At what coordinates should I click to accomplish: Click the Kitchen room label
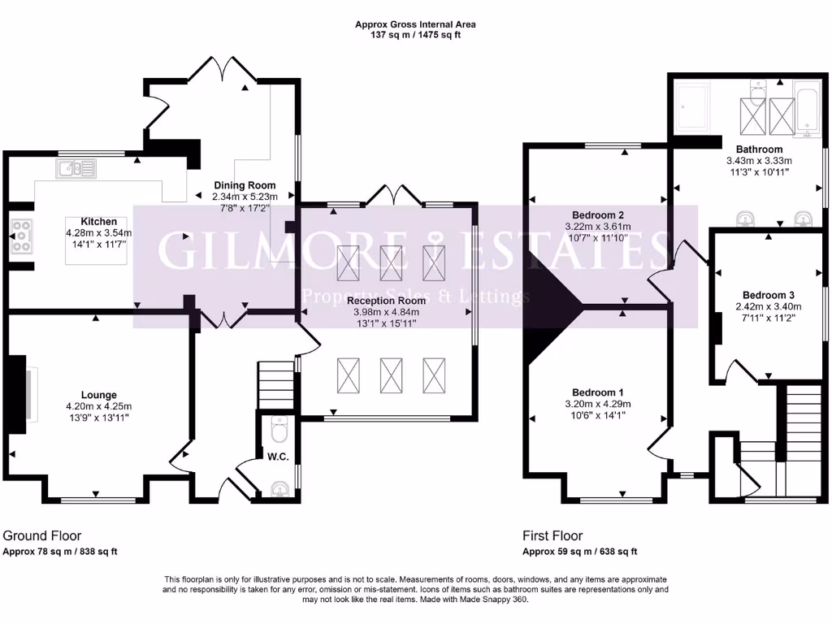tap(98, 221)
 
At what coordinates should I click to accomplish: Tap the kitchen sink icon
tap(76, 169)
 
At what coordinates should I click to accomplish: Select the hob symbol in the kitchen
tap(22, 236)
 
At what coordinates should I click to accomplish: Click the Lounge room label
tap(98, 395)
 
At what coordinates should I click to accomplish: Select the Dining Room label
tap(245, 185)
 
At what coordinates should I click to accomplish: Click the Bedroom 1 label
tap(597, 392)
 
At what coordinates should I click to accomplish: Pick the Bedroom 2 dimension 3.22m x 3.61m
tap(597, 227)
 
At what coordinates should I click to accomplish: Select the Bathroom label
tap(759, 149)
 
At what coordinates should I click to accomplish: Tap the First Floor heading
tap(552, 535)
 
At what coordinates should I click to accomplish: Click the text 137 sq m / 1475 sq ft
tap(415, 36)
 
